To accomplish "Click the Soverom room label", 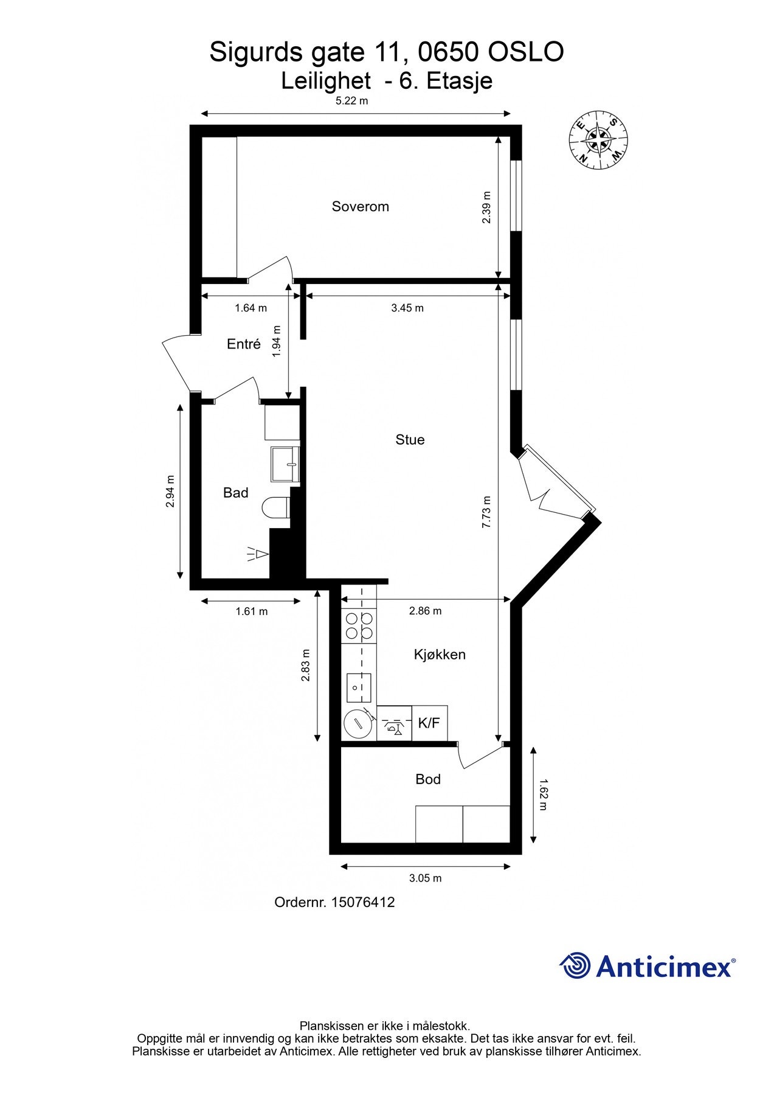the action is (x=360, y=206).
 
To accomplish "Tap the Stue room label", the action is (x=410, y=439).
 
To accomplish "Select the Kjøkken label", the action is (x=440, y=655).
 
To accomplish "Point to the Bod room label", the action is (x=428, y=779).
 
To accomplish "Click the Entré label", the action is (x=244, y=344).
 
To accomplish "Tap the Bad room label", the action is (x=236, y=493).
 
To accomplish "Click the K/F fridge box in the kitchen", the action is (x=430, y=723).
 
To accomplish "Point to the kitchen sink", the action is (x=359, y=688).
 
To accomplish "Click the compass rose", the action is (x=598, y=141).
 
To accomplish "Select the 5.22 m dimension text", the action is (x=352, y=101).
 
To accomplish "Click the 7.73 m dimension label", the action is (x=486, y=512).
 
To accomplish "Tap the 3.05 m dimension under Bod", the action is (x=425, y=878).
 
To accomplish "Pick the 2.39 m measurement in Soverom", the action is (x=486, y=207).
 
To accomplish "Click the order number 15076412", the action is (x=362, y=902).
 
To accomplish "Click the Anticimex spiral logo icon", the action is (x=575, y=965).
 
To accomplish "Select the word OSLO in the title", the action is (x=526, y=52).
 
